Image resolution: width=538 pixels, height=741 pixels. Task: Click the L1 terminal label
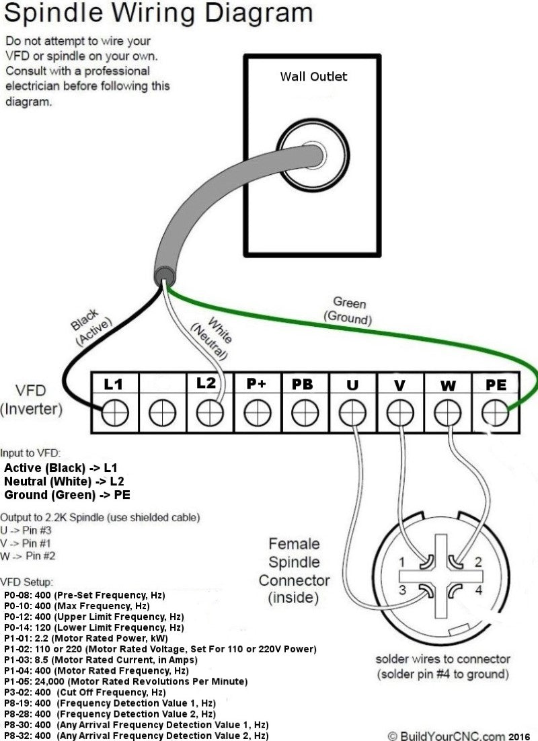[113, 384]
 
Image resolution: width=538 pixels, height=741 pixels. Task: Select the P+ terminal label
[256, 384]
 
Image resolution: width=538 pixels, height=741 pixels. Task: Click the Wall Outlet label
[313, 76]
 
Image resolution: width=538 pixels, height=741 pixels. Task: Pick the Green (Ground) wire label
[348, 310]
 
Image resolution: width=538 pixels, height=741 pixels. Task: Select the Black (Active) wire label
[89, 327]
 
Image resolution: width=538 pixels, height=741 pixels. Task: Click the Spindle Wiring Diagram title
[158, 13]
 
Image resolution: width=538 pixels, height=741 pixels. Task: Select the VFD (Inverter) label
[32, 399]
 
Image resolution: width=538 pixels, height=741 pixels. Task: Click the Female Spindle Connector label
[294, 570]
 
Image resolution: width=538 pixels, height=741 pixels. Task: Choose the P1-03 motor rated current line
[101, 660]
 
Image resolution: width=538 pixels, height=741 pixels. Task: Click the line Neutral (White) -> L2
[64, 481]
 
